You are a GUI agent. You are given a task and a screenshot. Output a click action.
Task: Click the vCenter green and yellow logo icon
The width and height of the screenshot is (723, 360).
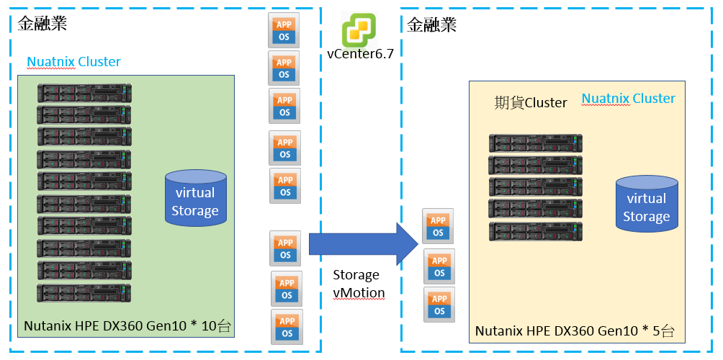[x=359, y=30]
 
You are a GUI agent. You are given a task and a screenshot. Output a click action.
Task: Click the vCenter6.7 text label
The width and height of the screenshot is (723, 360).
[x=360, y=54]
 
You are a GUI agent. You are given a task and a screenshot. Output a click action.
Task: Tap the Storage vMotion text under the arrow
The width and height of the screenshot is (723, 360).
[x=359, y=284]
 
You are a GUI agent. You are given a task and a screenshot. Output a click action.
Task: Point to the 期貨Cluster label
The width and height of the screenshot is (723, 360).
[x=531, y=103]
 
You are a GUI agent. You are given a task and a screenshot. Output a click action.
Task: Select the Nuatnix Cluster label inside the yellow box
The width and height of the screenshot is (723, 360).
[x=628, y=99]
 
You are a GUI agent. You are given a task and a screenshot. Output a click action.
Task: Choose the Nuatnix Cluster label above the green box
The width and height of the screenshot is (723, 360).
[x=73, y=62]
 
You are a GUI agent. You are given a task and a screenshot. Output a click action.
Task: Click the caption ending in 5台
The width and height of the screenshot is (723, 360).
[x=575, y=332]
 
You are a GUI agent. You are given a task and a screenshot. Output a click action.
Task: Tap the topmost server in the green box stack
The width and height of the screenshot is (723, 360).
[x=85, y=92]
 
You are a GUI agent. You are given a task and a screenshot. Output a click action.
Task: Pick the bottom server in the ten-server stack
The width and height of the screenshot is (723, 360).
[x=85, y=293]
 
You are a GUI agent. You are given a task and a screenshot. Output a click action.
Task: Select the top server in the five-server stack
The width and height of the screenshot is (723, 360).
[x=536, y=143]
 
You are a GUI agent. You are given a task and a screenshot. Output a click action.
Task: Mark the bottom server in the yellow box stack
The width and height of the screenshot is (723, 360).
[x=536, y=231]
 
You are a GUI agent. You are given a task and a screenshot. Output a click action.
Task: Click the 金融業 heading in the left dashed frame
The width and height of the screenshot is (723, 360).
[x=42, y=23]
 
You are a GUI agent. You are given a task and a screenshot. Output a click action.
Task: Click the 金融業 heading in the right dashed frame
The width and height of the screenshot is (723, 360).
[x=431, y=25]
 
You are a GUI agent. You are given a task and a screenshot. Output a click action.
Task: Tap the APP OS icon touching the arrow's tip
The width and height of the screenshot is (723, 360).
[x=438, y=226]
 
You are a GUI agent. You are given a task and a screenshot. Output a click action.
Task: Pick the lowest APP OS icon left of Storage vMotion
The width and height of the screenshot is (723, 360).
[x=287, y=326]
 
